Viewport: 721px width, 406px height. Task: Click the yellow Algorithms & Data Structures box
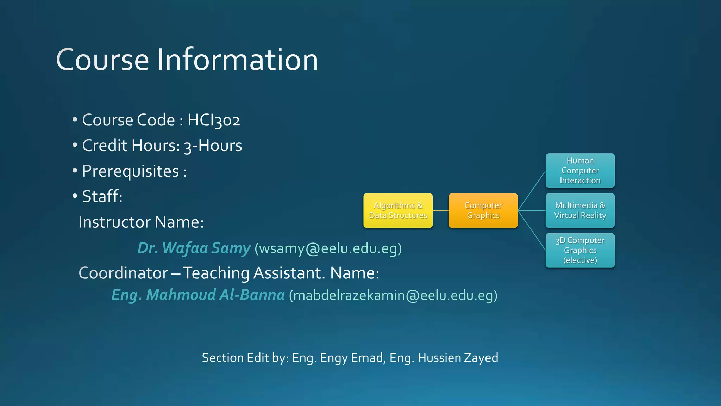pos(398,210)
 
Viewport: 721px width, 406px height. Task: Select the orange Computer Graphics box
pos(483,210)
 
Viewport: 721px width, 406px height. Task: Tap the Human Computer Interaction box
pos(580,171)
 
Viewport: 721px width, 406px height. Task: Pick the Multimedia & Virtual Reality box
pos(580,210)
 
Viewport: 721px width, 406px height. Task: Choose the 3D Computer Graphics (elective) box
pos(580,250)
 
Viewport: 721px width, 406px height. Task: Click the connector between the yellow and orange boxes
pos(440,210)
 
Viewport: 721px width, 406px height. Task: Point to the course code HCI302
pos(213,120)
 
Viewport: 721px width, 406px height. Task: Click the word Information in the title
pos(237,60)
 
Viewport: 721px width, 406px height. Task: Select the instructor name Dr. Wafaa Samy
pos(194,248)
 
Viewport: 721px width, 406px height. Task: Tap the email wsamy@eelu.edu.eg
pos(328,248)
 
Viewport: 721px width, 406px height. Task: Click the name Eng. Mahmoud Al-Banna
pos(198,295)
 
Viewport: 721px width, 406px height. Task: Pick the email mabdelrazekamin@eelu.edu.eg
pos(393,295)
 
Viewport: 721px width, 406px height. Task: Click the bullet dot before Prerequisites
pos(75,171)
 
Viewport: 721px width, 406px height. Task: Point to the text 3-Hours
pos(213,146)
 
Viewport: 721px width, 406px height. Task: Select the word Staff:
pos(102,197)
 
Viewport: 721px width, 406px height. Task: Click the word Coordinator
pos(123,273)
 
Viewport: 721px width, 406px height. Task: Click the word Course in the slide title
pos(102,60)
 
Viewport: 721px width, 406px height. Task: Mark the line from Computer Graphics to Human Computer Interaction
pos(532,191)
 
